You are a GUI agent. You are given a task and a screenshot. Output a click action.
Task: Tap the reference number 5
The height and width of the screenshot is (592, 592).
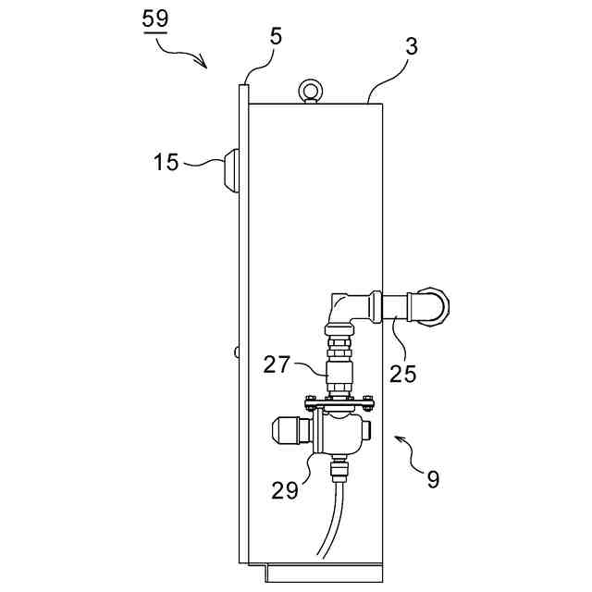[x=276, y=37]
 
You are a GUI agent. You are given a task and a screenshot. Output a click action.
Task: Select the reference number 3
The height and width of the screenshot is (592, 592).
[x=410, y=48]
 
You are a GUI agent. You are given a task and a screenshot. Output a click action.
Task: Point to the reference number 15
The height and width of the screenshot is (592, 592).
[x=166, y=163]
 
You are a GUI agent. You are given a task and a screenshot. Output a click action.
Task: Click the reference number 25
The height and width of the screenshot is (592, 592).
[x=403, y=373]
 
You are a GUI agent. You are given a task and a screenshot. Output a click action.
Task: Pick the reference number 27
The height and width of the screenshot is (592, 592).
[x=282, y=365]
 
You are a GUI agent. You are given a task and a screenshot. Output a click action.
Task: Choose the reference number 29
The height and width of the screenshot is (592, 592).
[x=286, y=490]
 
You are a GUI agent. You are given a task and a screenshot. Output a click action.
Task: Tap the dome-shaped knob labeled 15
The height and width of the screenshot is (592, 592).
[x=230, y=169]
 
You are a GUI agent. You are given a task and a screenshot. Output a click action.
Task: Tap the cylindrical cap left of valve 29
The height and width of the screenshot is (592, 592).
[x=289, y=431]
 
